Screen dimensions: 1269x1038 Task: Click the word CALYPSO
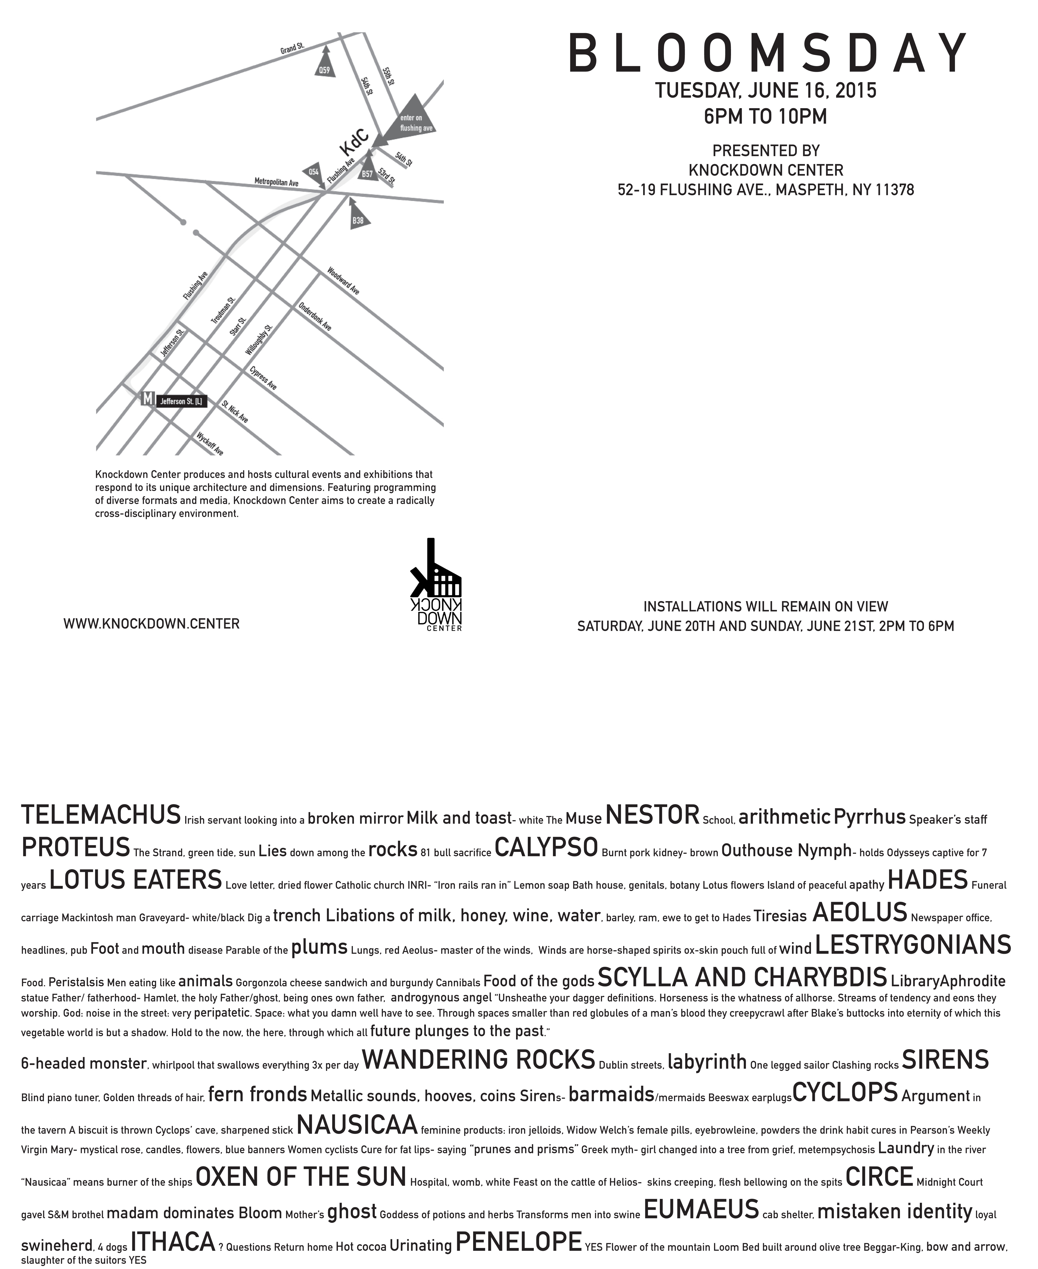546,847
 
